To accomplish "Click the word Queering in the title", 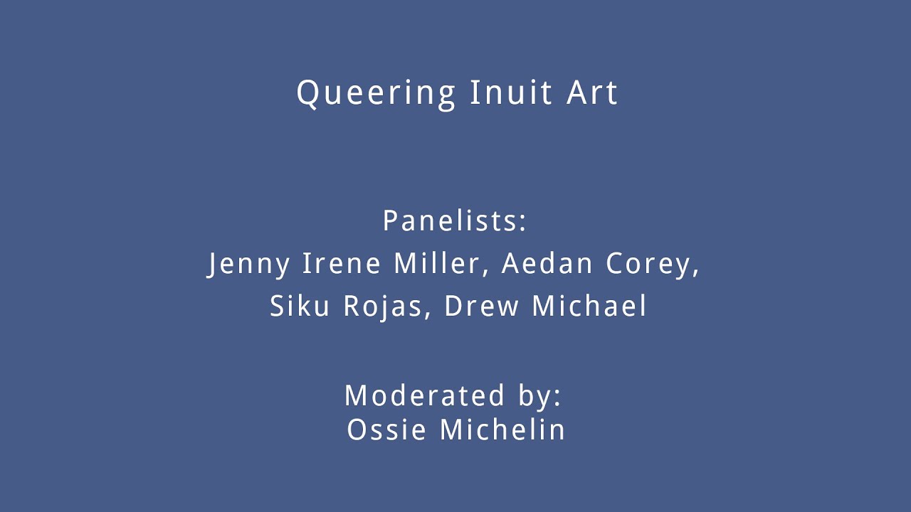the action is click(x=376, y=95).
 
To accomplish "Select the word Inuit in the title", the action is click(x=511, y=92).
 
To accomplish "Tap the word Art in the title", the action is click(x=592, y=92).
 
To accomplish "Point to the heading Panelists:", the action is click(x=454, y=220).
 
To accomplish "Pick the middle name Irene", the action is click(x=341, y=263).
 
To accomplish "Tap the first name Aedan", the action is click(x=547, y=263).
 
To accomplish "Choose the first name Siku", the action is click(x=300, y=306).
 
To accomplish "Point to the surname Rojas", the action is click(x=383, y=307).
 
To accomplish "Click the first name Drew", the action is click(x=482, y=306).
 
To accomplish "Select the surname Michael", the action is click(x=589, y=306).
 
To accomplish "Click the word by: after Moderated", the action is click(x=539, y=397).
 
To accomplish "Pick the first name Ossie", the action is click(x=386, y=430).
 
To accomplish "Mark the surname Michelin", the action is click(x=502, y=429).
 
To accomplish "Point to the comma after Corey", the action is click(x=695, y=273).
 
